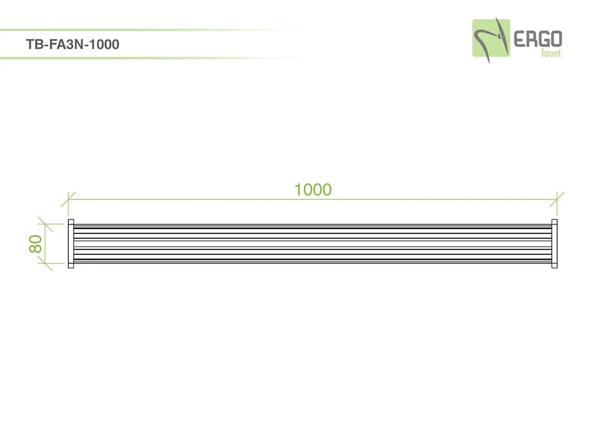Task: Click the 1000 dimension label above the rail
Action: [x=313, y=190]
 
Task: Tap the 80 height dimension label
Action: [x=36, y=243]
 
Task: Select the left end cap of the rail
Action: [x=71, y=243]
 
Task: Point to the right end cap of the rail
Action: [x=554, y=243]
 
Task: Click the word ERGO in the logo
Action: [x=538, y=39]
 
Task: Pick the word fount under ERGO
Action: [x=551, y=53]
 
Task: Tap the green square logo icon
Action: [x=491, y=38]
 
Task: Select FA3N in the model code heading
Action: [x=66, y=45]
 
